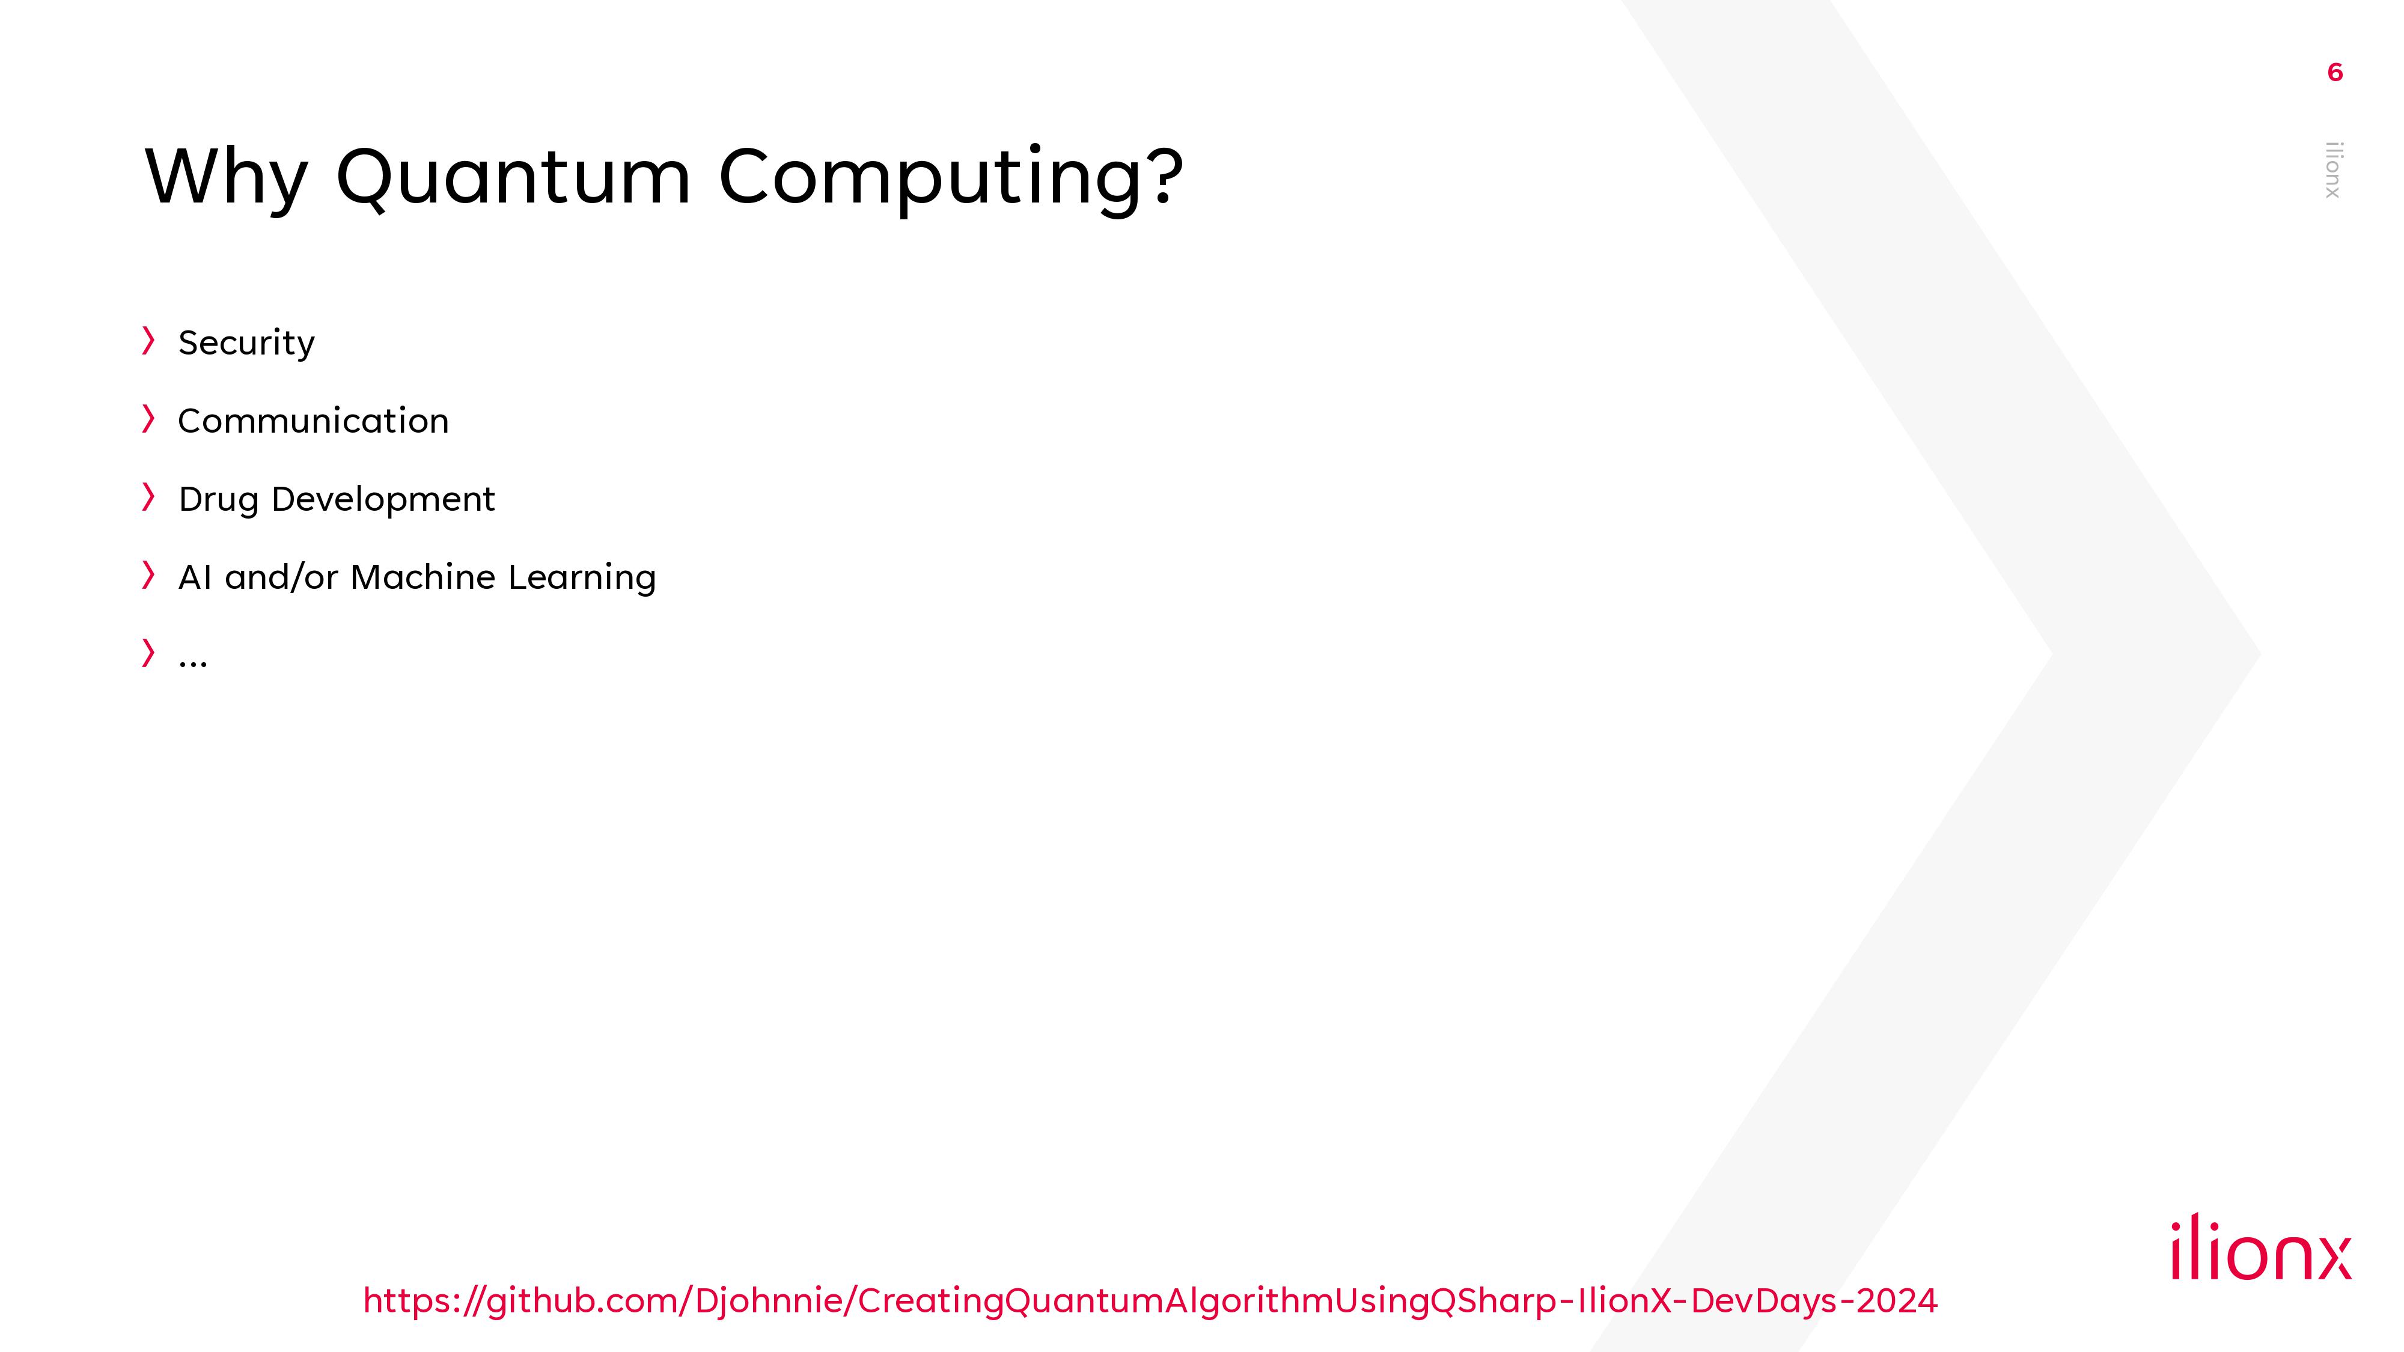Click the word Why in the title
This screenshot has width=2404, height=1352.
click(226, 177)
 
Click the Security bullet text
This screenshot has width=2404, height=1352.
click(246, 343)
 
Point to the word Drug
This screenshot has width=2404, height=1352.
click(218, 500)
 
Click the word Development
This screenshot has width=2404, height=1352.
click(383, 500)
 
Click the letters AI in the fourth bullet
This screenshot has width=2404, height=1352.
click(195, 577)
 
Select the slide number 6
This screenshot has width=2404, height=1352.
click(2335, 73)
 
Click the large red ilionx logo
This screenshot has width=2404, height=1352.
click(2261, 1247)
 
